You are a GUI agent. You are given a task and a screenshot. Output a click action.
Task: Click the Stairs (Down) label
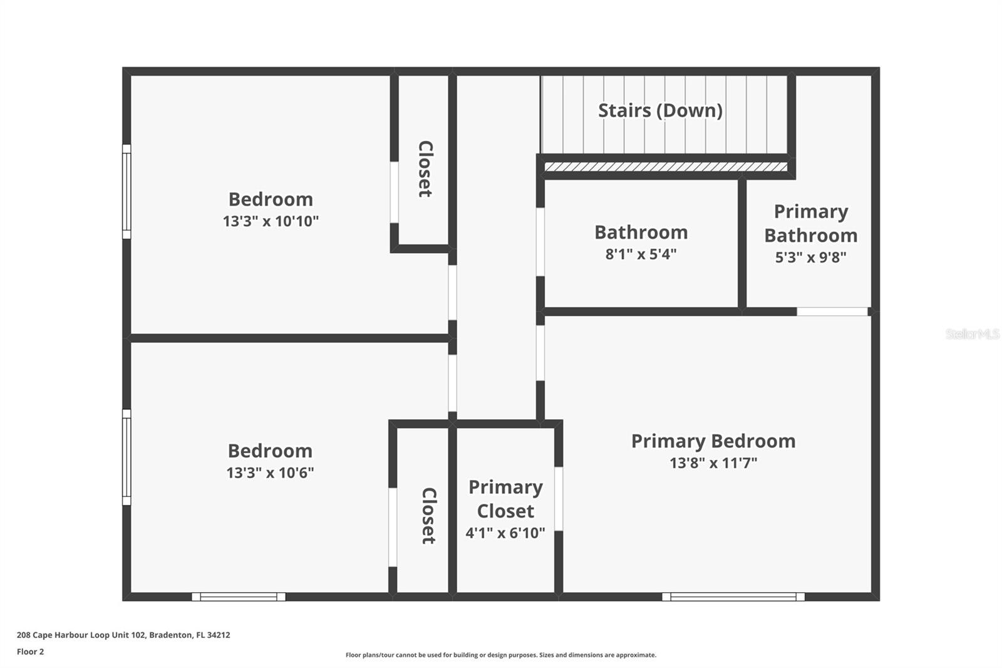pos(660,111)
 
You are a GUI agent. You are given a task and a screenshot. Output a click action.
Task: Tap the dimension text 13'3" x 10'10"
pos(271,221)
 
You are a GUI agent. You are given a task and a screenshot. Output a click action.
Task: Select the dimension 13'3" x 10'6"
pos(270,472)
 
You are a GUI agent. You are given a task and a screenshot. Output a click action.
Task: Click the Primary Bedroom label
pos(713,441)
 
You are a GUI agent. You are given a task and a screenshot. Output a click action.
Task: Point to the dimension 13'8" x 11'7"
pos(713,463)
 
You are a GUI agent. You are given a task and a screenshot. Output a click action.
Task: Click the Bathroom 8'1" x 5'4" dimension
pos(641,254)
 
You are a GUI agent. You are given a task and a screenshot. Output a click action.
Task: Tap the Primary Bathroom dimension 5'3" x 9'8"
pos(810,258)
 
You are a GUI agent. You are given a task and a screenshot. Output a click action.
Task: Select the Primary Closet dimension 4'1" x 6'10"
pos(505,533)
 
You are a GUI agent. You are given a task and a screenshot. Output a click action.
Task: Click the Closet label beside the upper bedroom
pos(425,169)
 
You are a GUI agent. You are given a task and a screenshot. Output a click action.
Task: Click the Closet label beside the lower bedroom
pos(428,515)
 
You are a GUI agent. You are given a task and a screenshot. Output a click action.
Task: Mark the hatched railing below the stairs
pos(665,167)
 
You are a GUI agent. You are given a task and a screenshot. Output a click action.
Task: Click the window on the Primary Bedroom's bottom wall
pos(733,597)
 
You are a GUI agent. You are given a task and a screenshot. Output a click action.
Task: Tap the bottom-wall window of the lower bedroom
pos(239,597)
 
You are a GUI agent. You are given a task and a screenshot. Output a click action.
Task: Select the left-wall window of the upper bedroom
pos(127,191)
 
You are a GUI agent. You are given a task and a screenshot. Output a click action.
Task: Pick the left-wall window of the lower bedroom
pos(127,457)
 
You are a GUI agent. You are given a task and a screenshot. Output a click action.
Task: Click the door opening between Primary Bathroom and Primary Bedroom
pos(832,311)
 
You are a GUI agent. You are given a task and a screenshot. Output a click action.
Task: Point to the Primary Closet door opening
pos(558,498)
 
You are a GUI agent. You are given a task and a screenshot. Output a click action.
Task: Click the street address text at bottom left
pos(123,635)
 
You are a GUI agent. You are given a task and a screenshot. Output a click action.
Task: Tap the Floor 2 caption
pos(30,652)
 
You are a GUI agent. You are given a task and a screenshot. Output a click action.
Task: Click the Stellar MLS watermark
pos(972,334)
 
